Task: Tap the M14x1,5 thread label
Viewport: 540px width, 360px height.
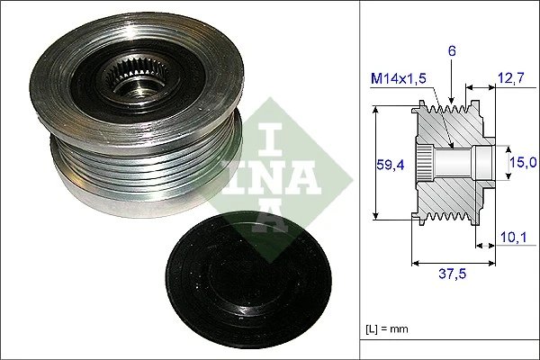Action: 400,78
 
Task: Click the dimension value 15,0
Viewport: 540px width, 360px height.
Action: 524,162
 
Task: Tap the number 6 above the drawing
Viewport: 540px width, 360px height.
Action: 453,52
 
